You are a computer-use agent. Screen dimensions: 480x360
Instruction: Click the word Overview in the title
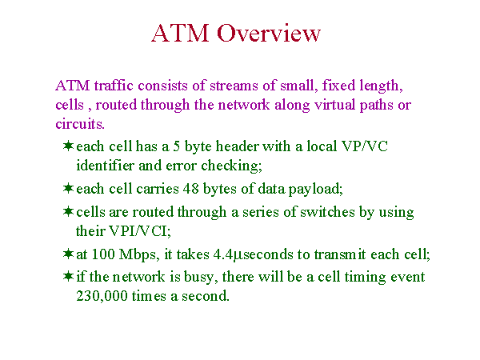(269, 33)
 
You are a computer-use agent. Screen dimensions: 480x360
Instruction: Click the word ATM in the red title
(180, 33)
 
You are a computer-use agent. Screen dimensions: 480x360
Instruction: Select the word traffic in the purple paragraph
(114, 85)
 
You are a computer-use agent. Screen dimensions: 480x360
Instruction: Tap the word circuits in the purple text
(79, 124)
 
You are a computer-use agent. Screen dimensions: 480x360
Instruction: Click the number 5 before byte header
(176, 146)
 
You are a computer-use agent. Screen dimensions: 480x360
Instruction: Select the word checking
(230, 166)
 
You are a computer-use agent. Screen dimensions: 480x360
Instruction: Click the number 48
(190, 189)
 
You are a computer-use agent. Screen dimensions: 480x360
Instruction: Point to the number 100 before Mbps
(103, 254)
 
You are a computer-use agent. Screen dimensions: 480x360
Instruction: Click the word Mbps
(138, 255)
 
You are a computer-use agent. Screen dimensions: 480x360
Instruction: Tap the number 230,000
(102, 296)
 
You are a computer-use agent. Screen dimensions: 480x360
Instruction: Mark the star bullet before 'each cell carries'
(68, 188)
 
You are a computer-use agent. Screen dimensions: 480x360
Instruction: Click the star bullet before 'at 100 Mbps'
(68, 254)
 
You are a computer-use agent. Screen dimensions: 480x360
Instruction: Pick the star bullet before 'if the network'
(68, 276)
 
